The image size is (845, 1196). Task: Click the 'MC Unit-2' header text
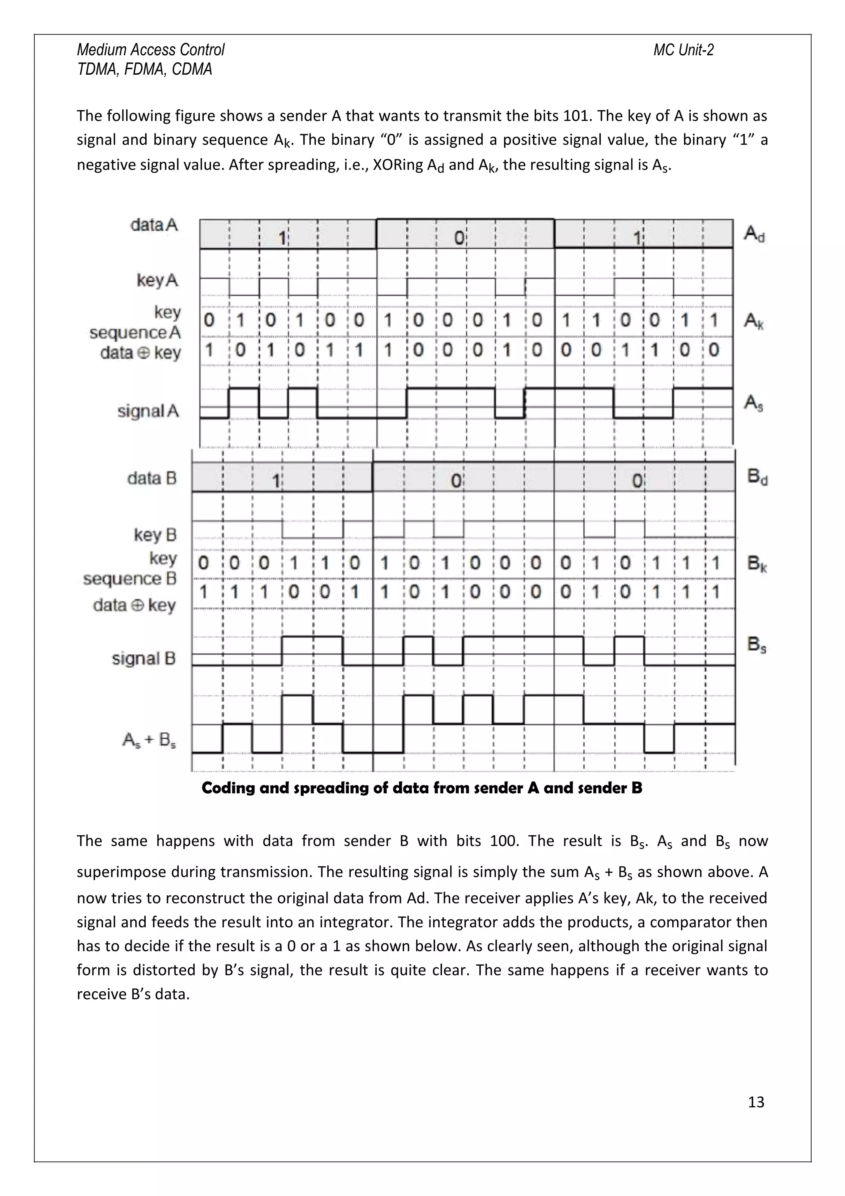point(683,50)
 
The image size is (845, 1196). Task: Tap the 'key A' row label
point(157,280)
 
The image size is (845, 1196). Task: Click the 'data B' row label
point(151,478)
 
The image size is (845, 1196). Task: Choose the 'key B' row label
point(155,535)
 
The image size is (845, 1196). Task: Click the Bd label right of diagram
point(757,477)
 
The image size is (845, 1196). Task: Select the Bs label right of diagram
point(756,645)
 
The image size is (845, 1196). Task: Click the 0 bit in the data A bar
point(459,238)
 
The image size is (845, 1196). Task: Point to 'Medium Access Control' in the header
point(151,50)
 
